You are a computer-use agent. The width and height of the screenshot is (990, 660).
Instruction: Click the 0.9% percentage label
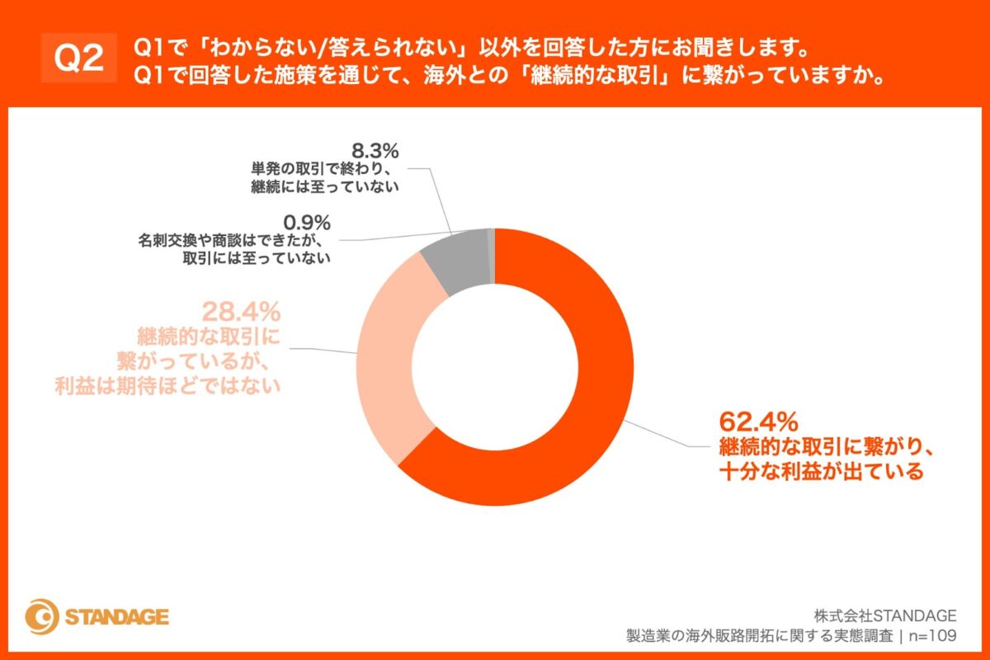[x=305, y=222]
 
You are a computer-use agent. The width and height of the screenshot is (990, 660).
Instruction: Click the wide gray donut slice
[x=455, y=262]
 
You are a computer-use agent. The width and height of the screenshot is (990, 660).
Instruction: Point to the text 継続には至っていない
[x=325, y=186]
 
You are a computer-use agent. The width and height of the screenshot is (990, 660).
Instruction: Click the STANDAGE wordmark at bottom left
[x=116, y=617]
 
